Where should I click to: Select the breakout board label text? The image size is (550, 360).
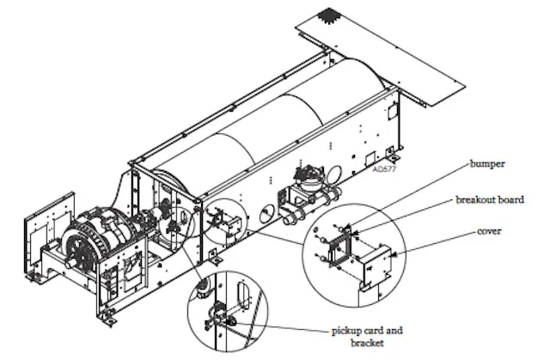pos(489,199)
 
